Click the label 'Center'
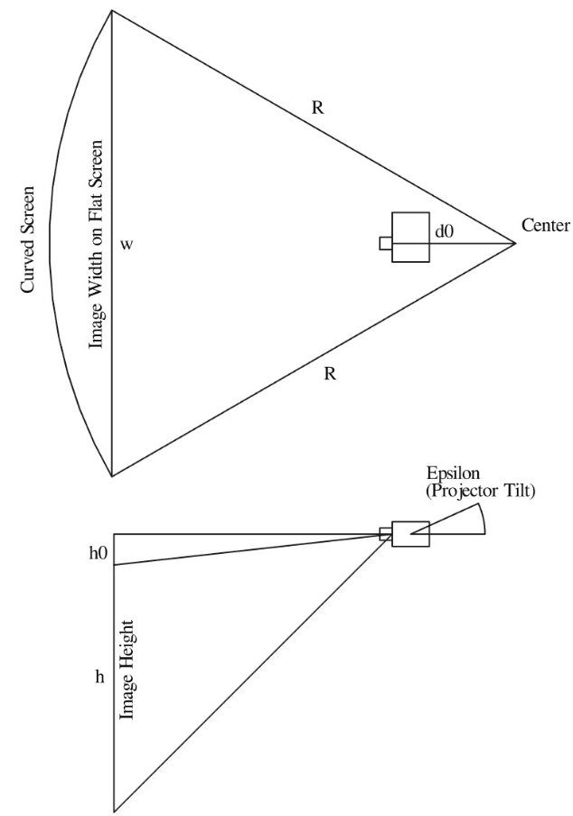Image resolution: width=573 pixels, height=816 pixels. pos(546,225)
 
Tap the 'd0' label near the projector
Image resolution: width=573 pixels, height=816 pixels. pos(444,232)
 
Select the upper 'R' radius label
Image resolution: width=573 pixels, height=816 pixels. pos(317,107)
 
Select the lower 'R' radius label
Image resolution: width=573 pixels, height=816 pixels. pos(330,373)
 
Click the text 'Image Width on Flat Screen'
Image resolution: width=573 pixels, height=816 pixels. pos(96,244)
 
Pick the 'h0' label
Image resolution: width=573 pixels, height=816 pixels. pos(99,553)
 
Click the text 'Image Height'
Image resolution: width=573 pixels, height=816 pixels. pos(127,670)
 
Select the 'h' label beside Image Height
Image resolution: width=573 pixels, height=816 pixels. pos(99,676)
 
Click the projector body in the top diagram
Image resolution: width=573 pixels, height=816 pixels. pos(410,238)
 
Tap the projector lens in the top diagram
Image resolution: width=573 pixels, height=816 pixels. pos(385,243)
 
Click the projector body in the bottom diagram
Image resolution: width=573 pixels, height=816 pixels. pos(410,534)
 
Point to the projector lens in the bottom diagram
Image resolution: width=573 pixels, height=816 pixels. pos(385,534)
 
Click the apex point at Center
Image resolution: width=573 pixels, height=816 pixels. pos(515,243)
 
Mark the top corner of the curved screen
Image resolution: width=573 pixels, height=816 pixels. pos(112,10)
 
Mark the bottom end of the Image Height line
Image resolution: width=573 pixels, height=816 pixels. pos(114,811)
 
